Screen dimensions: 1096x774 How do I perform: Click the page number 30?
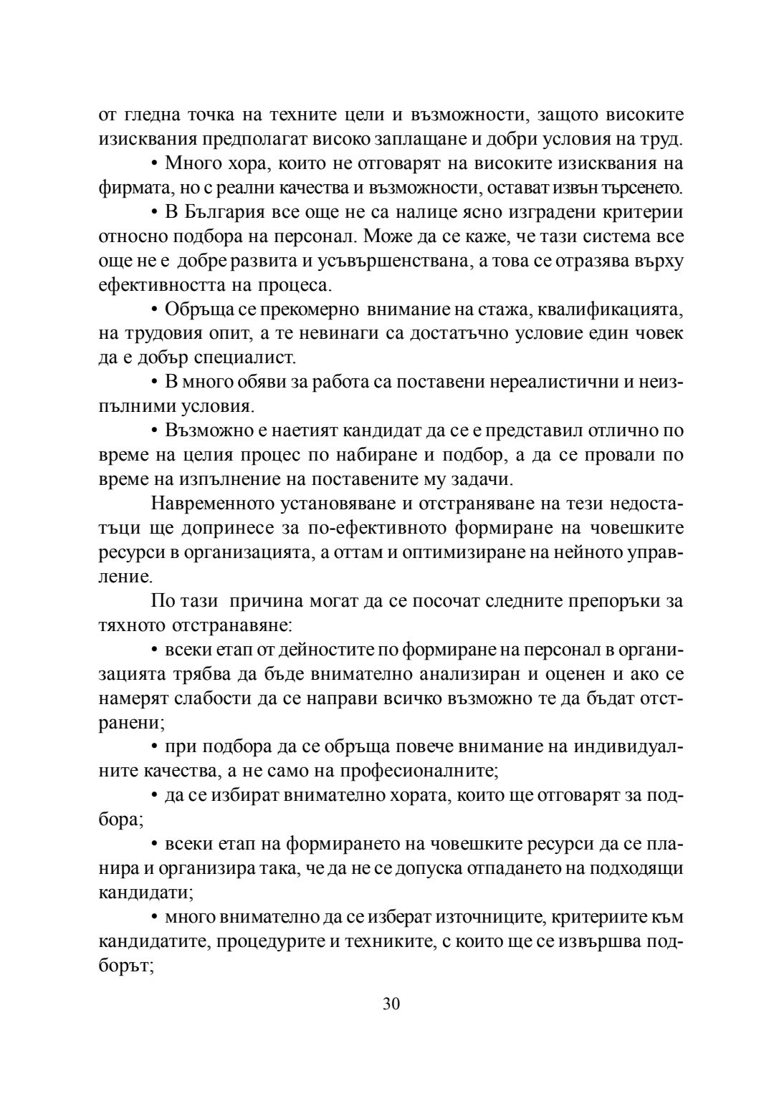point(391,1003)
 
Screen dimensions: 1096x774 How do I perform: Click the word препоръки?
point(612,601)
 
